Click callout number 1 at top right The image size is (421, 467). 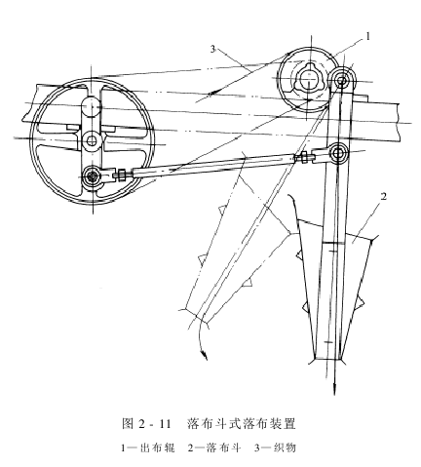(x=367, y=36)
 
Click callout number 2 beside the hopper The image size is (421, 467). (x=384, y=196)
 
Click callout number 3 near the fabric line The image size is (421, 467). (x=213, y=49)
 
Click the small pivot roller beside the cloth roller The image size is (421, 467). (x=341, y=79)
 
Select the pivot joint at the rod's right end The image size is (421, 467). (x=338, y=153)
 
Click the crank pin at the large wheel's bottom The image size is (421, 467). (x=93, y=176)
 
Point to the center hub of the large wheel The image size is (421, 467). (x=92, y=140)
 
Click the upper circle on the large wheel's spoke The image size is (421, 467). (x=92, y=106)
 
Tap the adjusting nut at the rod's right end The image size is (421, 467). (x=305, y=157)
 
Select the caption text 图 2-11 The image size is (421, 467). (x=146, y=424)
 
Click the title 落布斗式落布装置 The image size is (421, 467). (x=242, y=424)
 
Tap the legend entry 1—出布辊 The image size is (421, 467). (x=147, y=448)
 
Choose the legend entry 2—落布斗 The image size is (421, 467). (x=214, y=448)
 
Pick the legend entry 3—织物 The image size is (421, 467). (x=275, y=448)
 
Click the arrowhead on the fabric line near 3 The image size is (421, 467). (x=211, y=93)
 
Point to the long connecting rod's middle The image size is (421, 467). (x=214, y=165)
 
